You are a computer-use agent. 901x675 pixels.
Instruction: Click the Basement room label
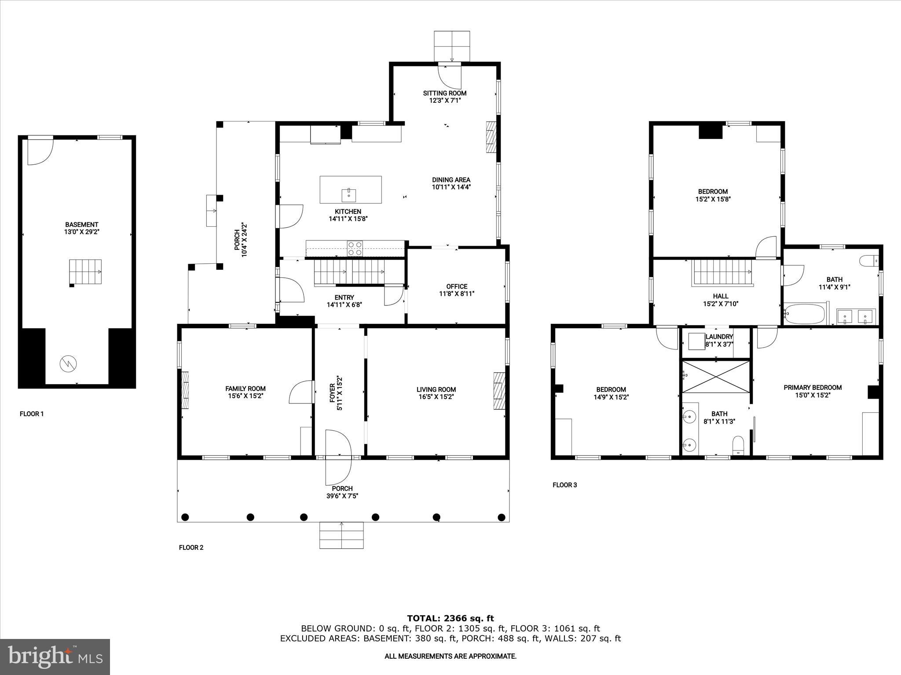click(x=81, y=225)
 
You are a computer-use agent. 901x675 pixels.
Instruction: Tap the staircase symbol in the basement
click(x=85, y=272)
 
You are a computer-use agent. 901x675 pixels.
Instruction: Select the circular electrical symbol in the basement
click(x=68, y=363)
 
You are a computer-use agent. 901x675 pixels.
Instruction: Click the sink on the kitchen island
click(x=349, y=194)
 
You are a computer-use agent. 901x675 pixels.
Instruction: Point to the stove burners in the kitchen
click(x=355, y=249)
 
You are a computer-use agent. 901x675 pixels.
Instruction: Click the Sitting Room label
click(x=445, y=93)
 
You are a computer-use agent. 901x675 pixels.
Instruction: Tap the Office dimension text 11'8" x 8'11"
click(x=457, y=294)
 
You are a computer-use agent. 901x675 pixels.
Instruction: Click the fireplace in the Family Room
click(x=185, y=390)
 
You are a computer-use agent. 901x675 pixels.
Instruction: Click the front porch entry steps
click(x=341, y=535)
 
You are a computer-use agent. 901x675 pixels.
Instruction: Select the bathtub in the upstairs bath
click(x=804, y=314)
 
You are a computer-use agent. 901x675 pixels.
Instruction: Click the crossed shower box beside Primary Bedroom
click(x=716, y=377)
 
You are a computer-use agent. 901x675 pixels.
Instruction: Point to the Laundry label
click(x=719, y=337)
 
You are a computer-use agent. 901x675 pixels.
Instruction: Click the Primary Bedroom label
click(x=813, y=388)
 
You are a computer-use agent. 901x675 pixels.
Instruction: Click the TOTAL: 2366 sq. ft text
click(x=450, y=618)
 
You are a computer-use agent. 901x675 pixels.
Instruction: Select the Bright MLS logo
click(x=55, y=657)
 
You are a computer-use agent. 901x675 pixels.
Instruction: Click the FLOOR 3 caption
click(x=564, y=485)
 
